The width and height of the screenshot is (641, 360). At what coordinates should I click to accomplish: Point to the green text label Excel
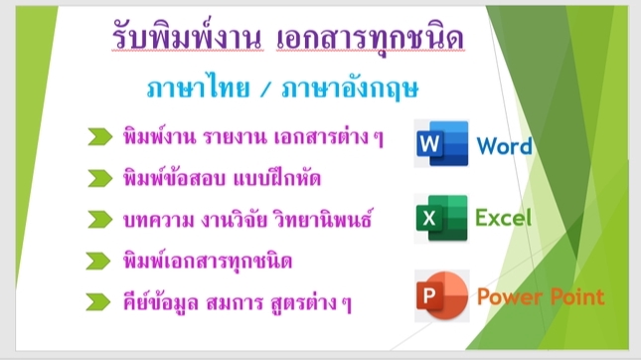(x=504, y=218)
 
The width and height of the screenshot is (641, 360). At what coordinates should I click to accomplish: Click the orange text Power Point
(x=540, y=295)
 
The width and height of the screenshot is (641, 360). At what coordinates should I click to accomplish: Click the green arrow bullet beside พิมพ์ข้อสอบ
(x=98, y=178)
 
